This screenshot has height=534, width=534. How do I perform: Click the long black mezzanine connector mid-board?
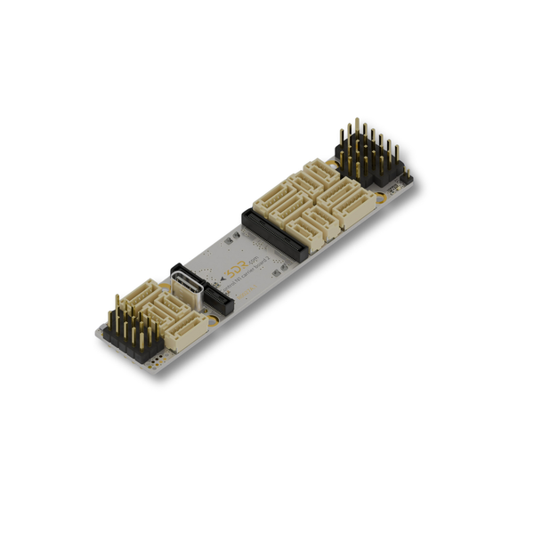point(273,234)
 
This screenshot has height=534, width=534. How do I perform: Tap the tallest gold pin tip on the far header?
point(357,120)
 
